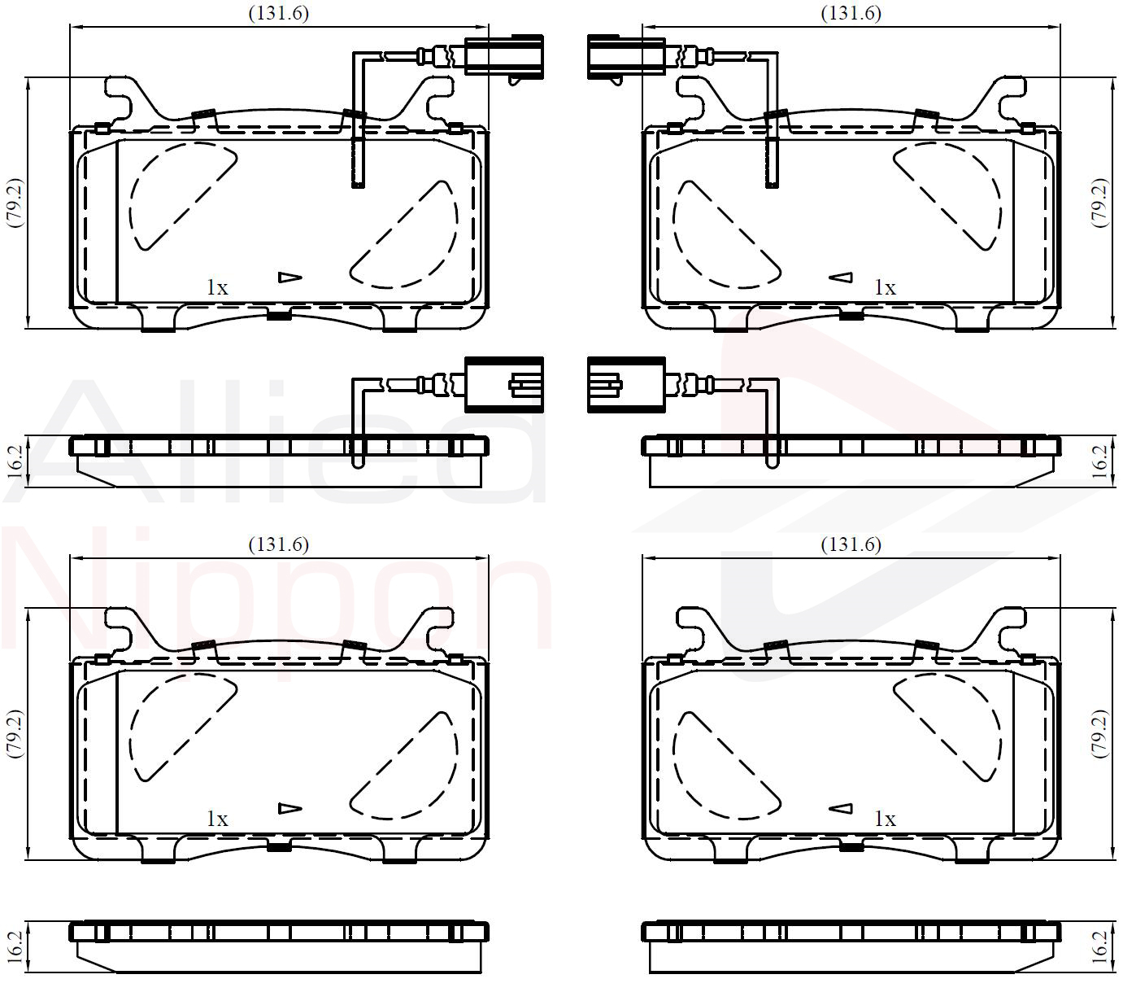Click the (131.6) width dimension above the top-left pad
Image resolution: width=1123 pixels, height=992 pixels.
278,13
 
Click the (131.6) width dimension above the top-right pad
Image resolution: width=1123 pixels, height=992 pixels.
851,13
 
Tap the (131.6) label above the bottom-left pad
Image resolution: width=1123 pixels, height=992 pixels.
278,544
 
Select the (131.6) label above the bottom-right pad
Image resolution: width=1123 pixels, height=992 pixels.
851,544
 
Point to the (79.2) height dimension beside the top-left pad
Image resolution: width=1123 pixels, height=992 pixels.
15,203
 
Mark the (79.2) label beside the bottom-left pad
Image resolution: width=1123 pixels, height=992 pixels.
15,734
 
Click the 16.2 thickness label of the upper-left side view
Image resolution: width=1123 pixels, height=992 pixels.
15,461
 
